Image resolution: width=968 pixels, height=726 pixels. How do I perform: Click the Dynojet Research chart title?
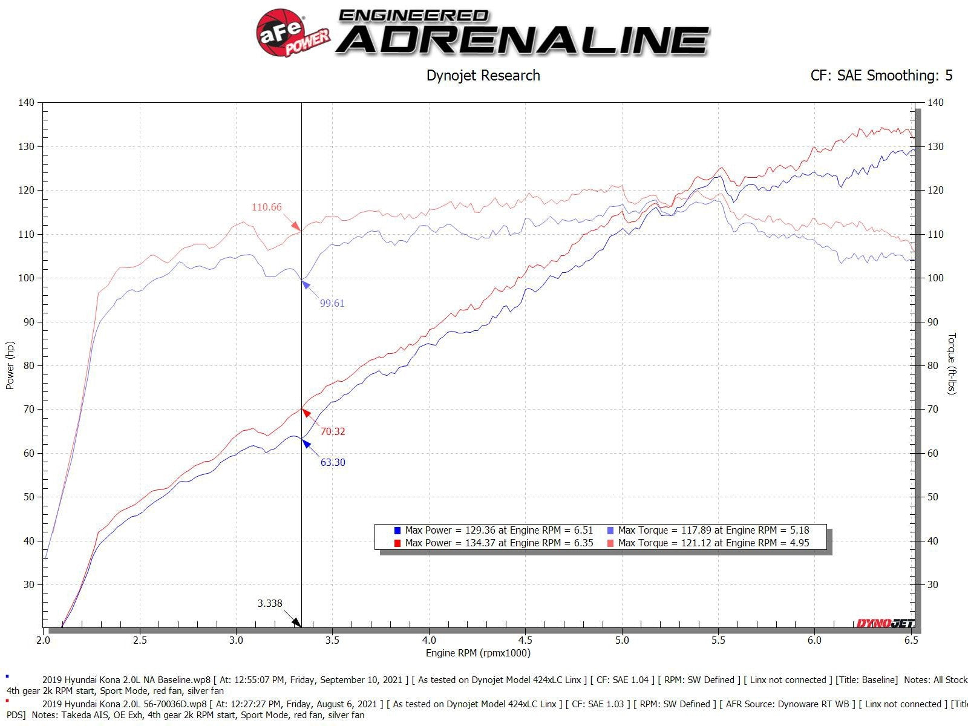pyautogui.click(x=483, y=76)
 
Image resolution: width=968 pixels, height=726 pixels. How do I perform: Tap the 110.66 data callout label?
pyautogui.click(x=266, y=208)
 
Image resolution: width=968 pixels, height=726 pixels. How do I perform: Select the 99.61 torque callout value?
pyautogui.click(x=332, y=304)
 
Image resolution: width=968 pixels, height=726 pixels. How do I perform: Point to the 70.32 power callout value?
pyautogui.click(x=333, y=432)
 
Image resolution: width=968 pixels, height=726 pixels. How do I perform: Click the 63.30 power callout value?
pyautogui.click(x=333, y=463)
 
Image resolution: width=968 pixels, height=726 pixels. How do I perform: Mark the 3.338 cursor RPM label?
pyautogui.click(x=270, y=603)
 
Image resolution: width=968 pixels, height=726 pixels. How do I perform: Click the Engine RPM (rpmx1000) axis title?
pyautogui.click(x=478, y=653)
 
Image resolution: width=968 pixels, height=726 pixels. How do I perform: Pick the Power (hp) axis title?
pyautogui.click(x=10, y=365)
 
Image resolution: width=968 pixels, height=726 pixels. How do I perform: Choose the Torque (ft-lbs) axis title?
pyautogui.click(x=951, y=364)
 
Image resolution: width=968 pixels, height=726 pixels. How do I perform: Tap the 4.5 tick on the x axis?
pyautogui.click(x=525, y=640)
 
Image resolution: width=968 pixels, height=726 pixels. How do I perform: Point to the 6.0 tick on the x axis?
pyautogui.click(x=814, y=640)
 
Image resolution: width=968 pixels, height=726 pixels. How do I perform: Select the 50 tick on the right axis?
pyautogui.click(x=933, y=497)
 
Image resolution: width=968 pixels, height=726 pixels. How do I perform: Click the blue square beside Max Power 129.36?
pyautogui.click(x=397, y=531)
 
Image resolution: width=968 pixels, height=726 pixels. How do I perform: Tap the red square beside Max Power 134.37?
pyautogui.click(x=397, y=543)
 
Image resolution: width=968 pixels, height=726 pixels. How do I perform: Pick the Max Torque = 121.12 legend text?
pyautogui.click(x=713, y=543)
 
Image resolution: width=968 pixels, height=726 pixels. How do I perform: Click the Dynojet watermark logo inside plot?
pyautogui.click(x=885, y=624)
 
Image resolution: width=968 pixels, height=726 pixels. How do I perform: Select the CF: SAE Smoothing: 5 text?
pyautogui.click(x=881, y=76)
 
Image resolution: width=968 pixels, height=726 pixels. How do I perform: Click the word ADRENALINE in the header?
pyautogui.click(x=522, y=40)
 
